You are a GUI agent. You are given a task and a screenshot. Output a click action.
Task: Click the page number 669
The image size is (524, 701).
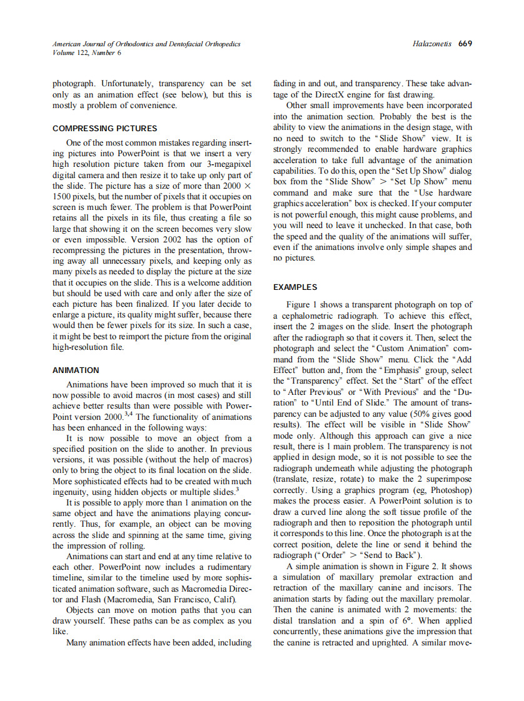click(x=465, y=44)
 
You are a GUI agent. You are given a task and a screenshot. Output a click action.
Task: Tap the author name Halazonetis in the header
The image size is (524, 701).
click(x=433, y=44)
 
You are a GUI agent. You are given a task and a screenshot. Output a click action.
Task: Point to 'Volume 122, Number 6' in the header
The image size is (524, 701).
click(x=87, y=52)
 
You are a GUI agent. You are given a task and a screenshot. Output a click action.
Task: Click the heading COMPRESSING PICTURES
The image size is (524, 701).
click(x=104, y=128)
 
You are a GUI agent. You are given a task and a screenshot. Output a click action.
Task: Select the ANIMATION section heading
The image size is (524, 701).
click(x=76, y=370)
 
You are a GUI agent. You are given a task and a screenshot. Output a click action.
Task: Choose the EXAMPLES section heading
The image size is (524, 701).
click(x=295, y=287)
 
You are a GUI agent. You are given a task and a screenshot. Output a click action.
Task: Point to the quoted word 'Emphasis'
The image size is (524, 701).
click(x=406, y=370)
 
